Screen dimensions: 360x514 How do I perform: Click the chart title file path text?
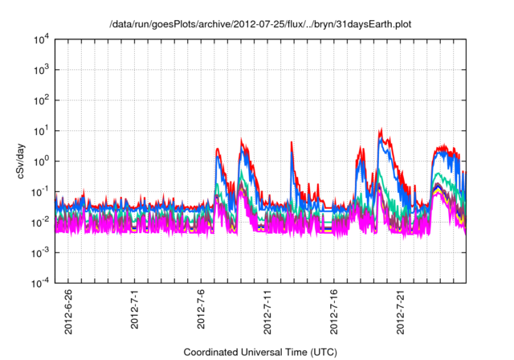click(261, 22)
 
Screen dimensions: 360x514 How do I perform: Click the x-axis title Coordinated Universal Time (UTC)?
click(261, 352)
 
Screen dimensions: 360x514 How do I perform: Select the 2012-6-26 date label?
click(68, 309)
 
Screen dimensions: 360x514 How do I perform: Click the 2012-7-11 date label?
click(268, 309)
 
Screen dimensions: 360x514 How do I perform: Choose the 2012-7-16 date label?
click(335, 309)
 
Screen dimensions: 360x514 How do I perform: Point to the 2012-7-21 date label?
click(402, 309)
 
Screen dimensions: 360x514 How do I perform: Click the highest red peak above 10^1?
click(381, 129)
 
